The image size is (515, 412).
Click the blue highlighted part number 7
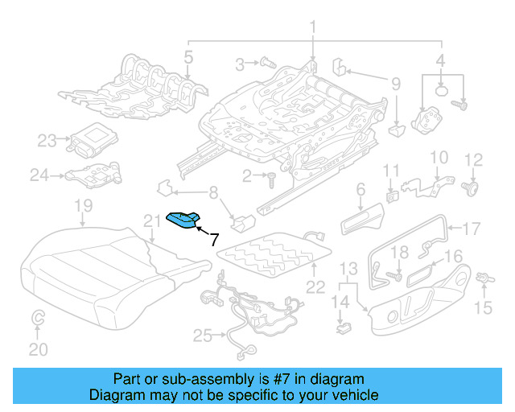click(183, 220)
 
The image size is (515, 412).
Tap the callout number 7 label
click(213, 238)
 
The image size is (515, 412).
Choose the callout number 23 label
click(47, 141)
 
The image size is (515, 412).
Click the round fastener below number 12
click(472, 188)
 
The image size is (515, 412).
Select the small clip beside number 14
click(344, 327)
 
